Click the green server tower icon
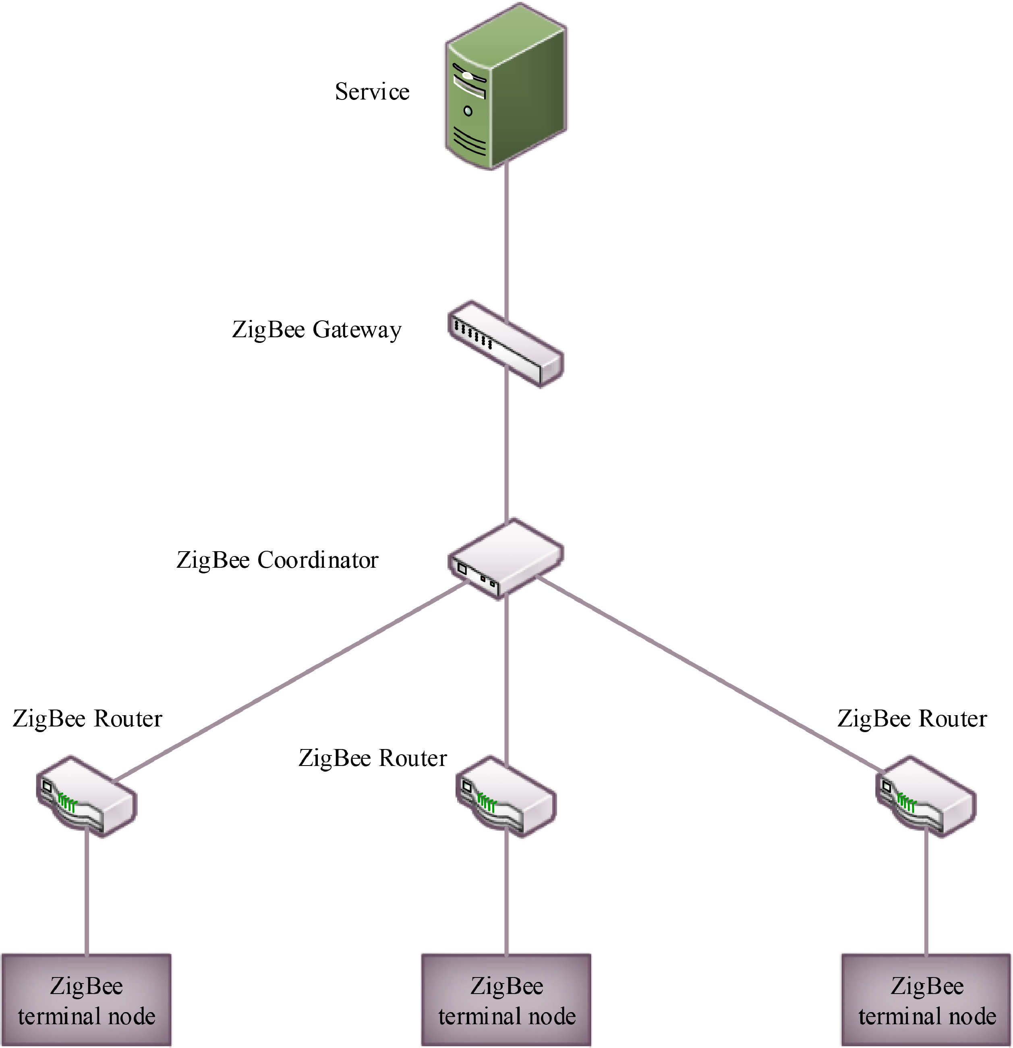[x=506, y=88]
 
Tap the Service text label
[x=372, y=92]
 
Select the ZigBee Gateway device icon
[x=505, y=344]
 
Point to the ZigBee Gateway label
[x=317, y=330]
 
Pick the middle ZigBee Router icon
[x=506, y=797]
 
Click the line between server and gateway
[x=506, y=235]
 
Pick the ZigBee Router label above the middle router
[x=373, y=758]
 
